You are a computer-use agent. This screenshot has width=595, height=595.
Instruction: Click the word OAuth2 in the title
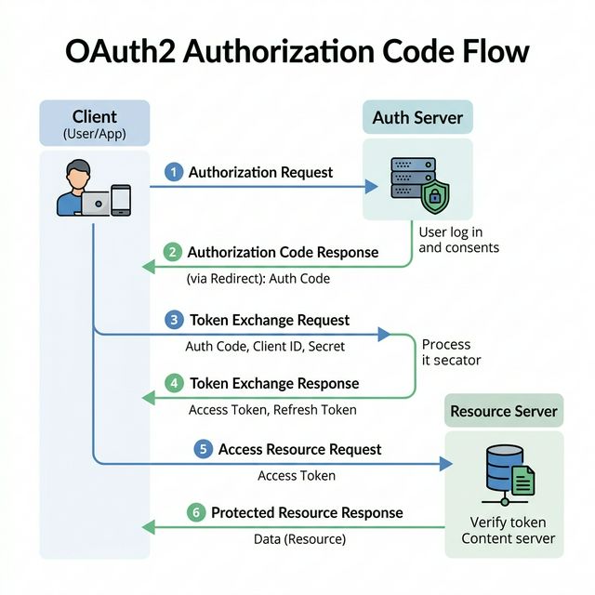(x=119, y=50)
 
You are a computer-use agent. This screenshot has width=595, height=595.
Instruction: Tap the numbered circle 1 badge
(x=173, y=172)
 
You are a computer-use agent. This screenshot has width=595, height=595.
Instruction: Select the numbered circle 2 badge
(x=173, y=252)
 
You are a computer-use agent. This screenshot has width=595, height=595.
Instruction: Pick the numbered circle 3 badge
(x=174, y=320)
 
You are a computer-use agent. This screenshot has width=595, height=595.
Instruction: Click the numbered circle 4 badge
(x=174, y=383)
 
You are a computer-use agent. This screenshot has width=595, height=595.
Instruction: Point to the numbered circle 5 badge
(x=204, y=449)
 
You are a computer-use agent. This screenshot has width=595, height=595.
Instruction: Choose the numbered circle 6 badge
(x=195, y=512)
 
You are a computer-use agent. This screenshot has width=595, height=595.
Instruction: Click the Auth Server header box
(x=416, y=118)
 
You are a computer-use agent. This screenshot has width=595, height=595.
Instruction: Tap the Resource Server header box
(x=504, y=411)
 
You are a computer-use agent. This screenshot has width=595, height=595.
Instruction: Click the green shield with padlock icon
(x=434, y=197)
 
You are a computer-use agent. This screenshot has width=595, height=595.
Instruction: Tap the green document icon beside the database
(x=524, y=481)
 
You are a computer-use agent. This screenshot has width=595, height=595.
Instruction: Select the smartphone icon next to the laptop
(x=121, y=200)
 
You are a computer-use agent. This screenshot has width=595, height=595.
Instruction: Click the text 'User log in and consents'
(x=458, y=240)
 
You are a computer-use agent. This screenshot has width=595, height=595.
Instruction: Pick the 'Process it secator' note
(x=451, y=352)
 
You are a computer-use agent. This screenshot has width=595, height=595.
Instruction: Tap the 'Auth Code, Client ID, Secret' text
(x=265, y=346)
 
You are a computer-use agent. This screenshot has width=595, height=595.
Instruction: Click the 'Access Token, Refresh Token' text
(x=272, y=409)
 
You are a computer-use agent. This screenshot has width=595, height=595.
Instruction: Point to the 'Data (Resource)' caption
(x=299, y=538)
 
